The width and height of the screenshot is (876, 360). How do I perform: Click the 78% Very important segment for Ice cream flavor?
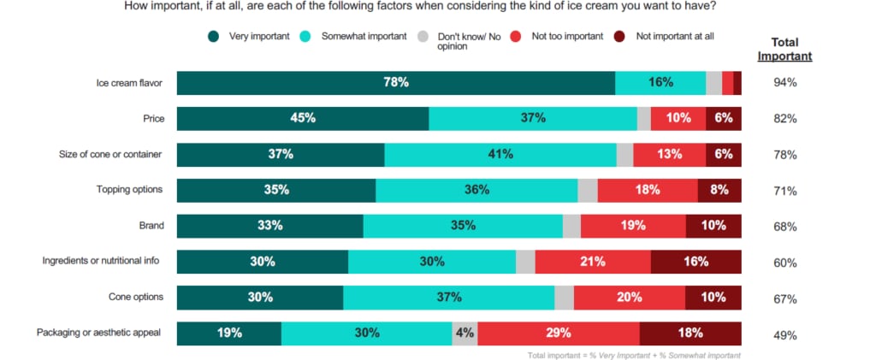(x=395, y=83)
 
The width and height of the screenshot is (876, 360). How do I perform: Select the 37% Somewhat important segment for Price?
(x=533, y=118)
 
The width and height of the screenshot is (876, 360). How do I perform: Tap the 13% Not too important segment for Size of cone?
(x=669, y=155)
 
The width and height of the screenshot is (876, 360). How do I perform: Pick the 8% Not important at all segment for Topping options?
(x=719, y=191)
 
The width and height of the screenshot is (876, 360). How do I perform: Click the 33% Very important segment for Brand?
(x=269, y=227)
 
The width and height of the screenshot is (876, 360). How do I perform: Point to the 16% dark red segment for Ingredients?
(x=695, y=262)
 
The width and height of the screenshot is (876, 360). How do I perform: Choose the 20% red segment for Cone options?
(x=629, y=298)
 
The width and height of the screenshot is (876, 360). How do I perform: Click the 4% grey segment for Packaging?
(x=465, y=333)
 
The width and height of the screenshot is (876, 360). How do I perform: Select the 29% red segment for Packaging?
(x=558, y=333)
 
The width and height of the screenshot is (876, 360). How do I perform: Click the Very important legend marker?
(x=213, y=36)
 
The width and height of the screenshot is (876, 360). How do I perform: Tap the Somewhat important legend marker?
(x=306, y=36)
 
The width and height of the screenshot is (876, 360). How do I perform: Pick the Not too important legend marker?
(x=516, y=36)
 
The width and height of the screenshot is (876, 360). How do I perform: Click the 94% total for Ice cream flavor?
(x=785, y=83)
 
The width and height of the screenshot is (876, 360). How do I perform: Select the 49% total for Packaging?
(x=785, y=334)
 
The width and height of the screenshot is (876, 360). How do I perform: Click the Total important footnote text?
(x=634, y=355)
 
